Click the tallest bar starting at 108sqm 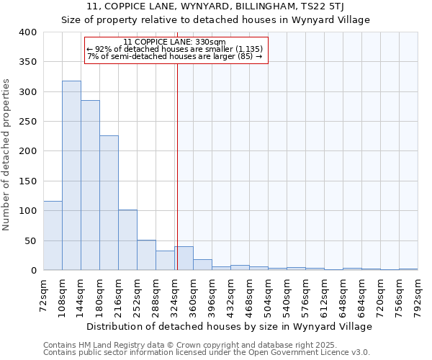pyautogui.click(x=71, y=176)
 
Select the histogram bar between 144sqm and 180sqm pyautogui.click(x=90, y=185)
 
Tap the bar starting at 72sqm pyautogui.click(x=53, y=235)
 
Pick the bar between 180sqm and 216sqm pyautogui.click(x=109, y=203)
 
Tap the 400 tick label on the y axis pyautogui.click(x=28, y=32)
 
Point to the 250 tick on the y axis pyautogui.click(x=28, y=122)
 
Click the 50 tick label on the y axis pyautogui.click(x=31, y=240)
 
